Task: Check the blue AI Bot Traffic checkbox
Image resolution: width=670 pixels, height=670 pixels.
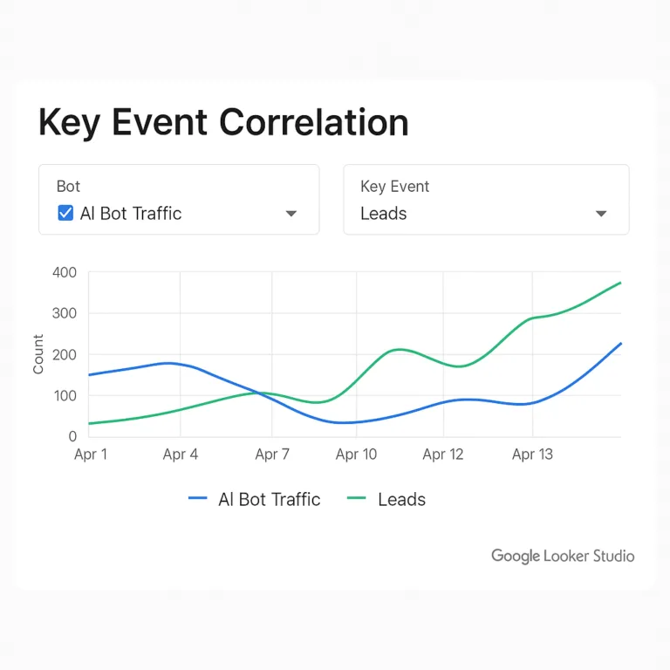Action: pos(65,213)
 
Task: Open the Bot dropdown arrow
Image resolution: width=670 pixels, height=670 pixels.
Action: pos(291,214)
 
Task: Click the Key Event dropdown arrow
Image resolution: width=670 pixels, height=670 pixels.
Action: pos(600,214)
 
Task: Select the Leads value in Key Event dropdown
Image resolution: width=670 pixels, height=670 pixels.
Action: pos(384,214)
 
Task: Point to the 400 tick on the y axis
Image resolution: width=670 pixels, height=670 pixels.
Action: pos(65,272)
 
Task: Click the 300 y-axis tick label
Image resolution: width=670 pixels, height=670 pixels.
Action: pos(65,313)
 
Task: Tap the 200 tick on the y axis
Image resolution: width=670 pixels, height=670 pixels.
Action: pos(65,355)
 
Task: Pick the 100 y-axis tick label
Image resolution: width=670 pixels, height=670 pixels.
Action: pos(65,396)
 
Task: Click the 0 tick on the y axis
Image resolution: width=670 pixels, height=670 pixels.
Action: pos(72,436)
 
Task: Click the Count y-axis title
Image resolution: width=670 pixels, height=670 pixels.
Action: pos(38,354)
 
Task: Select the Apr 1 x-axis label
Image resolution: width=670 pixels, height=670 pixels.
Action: pos(91,455)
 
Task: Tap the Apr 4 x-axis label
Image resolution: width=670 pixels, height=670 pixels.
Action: pos(180,455)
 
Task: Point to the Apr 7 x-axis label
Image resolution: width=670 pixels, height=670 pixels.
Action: pos(272,455)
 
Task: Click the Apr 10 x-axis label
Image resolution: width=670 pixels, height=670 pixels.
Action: pos(356,455)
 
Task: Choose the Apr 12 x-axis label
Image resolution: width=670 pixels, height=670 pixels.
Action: pos(443,455)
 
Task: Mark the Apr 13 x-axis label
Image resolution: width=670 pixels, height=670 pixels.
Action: pos(532,455)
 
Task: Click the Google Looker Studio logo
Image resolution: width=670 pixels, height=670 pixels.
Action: pos(563,556)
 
